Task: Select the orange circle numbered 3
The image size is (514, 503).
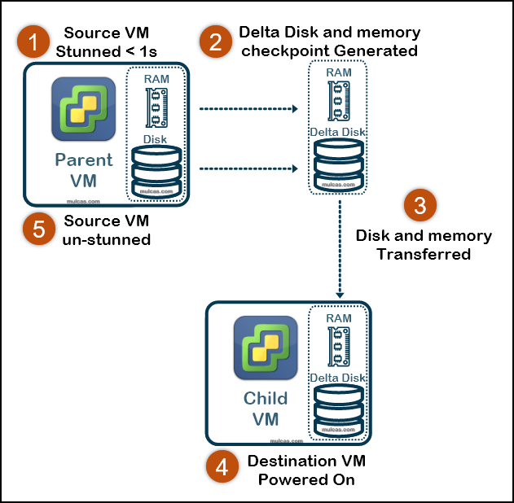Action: (420, 207)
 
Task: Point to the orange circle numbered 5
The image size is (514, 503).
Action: (38, 230)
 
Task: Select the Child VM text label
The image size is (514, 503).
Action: (266, 409)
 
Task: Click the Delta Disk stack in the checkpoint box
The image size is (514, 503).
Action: (337, 160)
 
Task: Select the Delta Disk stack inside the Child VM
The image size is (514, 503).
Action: (337, 405)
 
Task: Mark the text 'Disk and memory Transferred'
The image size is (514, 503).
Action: (424, 245)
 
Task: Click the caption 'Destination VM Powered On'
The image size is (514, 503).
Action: (306, 470)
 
